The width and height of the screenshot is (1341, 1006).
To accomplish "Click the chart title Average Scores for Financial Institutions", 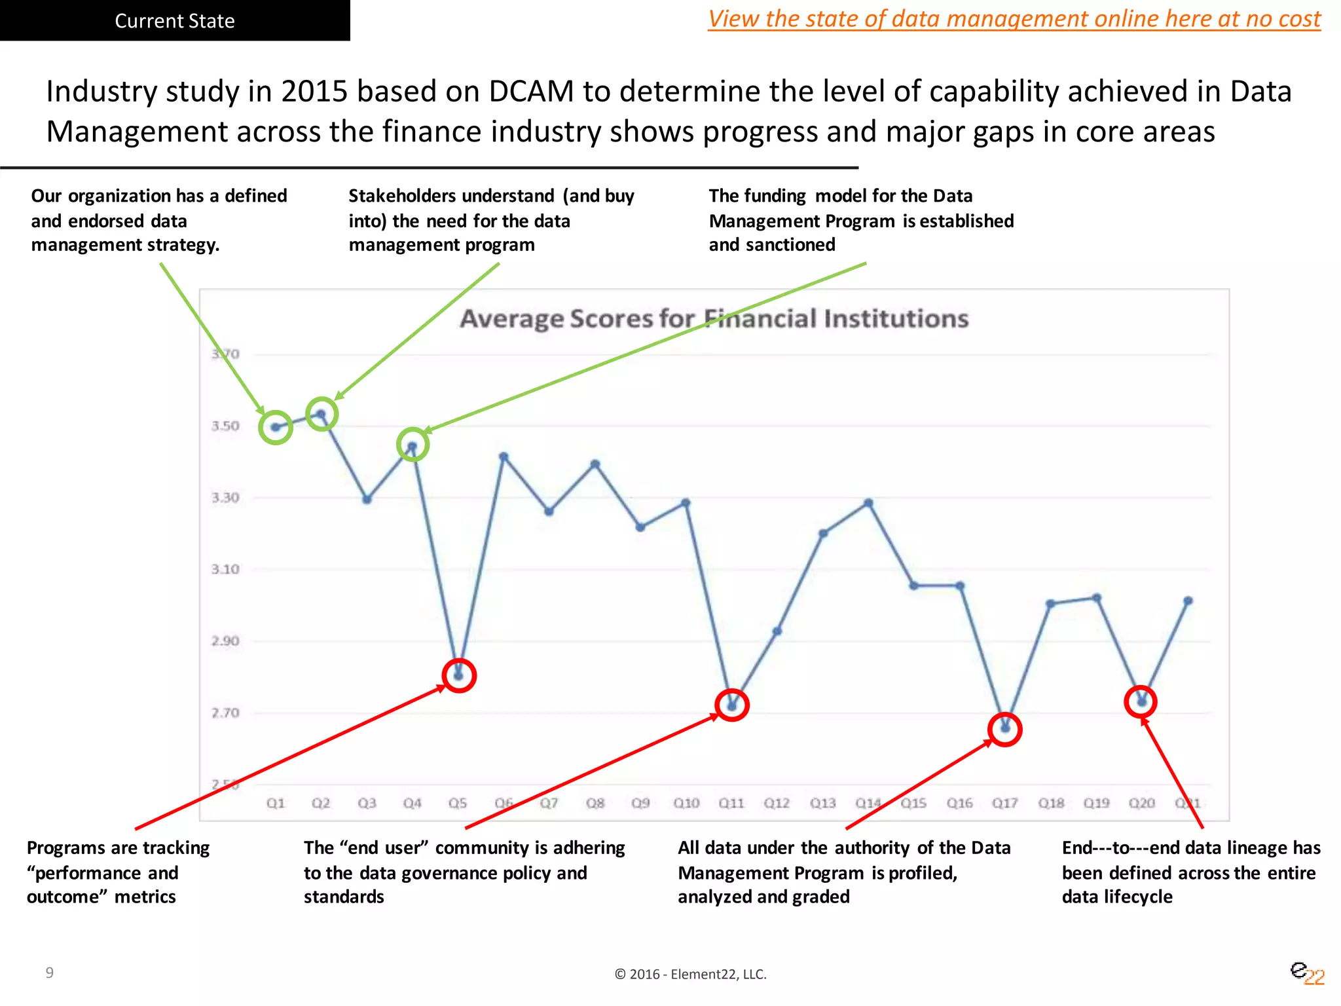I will click(x=714, y=318).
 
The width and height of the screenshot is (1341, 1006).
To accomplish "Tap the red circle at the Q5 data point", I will click(x=459, y=675).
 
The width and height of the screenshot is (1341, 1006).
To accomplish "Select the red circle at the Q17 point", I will click(x=1004, y=729).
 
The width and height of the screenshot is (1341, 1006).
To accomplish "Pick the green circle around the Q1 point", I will click(x=276, y=428).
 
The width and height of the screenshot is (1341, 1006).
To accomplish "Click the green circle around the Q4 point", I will click(x=413, y=445).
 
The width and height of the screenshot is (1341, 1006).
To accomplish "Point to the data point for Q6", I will click(x=504, y=456).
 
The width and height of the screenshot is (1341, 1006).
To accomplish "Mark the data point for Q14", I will click(x=868, y=503).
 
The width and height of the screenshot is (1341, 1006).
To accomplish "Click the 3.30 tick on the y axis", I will click(x=225, y=498).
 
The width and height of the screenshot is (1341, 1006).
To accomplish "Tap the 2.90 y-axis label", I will click(x=225, y=641).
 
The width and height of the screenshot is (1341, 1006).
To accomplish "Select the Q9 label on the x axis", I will click(x=640, y=803).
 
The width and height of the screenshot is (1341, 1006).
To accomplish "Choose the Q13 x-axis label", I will click(x=822, y=803).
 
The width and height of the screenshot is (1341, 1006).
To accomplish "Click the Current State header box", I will click(x=175, y=21).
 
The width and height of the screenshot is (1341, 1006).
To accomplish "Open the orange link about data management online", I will click(x=1014, y=18).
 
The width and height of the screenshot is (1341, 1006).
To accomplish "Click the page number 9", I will click(x=50, y=973).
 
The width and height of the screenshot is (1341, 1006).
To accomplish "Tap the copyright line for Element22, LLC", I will click(x=690, y=974).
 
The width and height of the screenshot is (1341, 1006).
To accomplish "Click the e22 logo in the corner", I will click(x=1306, y=973).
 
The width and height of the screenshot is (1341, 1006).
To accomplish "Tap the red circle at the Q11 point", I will click(x=732, y=705).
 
